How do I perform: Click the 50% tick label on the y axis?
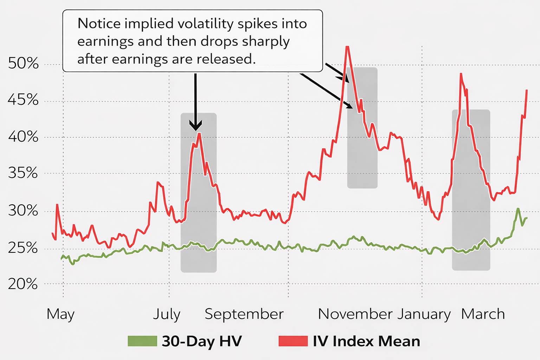(23, 64)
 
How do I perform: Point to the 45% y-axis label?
(23, 100)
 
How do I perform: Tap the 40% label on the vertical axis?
(23, 137)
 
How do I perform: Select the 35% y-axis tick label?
(23, 173)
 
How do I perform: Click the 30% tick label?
(23, 211)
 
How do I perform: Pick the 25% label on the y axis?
(23, 248)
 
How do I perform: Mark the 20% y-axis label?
(23, 284)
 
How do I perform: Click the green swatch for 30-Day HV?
(142, 341)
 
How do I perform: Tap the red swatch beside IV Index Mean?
(293, 341)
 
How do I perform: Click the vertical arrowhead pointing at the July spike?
(195, 126)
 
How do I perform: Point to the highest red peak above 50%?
(347, 47)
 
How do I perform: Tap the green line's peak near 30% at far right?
(518, 209)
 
